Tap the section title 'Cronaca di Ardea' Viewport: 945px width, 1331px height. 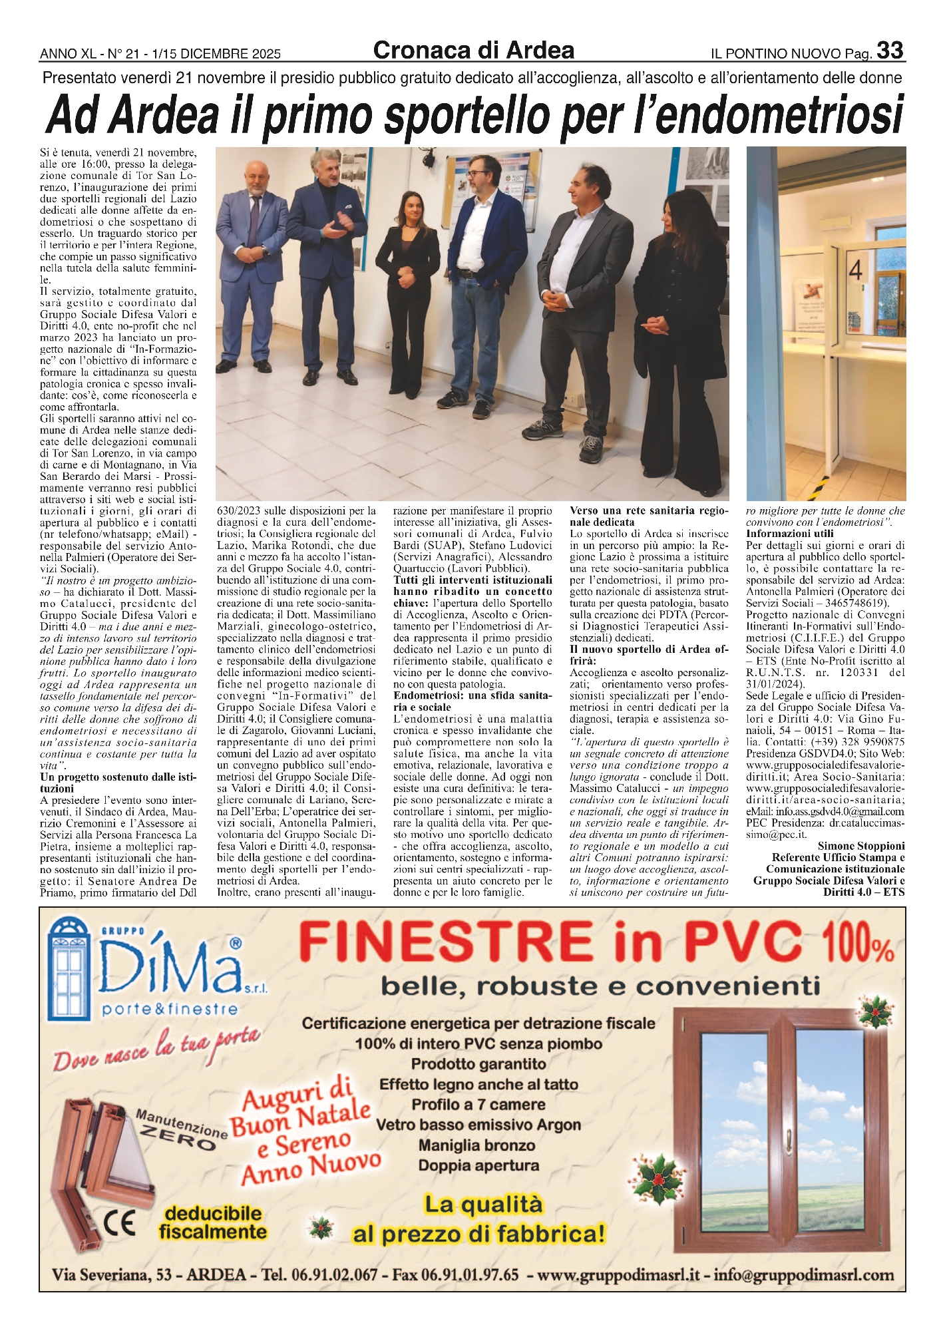point(473,51)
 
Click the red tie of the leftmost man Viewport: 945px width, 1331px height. point(254,220)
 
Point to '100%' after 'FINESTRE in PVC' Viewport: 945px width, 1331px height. point(858,944)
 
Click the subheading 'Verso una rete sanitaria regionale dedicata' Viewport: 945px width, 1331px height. point(649,516)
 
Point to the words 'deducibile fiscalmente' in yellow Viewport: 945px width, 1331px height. point(212,1223)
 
